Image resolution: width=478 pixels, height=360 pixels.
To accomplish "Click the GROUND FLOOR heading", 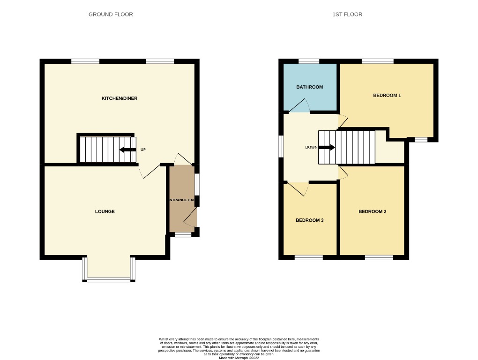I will [111, 15].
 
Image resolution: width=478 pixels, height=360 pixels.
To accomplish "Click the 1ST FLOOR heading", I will [347, 15].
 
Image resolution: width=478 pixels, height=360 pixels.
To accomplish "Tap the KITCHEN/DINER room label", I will [119, 98].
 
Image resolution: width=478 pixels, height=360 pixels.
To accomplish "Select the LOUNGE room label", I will [105, 211].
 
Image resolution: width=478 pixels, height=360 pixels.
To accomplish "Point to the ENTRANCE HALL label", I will [182, 200].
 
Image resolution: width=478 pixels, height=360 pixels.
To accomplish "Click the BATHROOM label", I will [309, 87].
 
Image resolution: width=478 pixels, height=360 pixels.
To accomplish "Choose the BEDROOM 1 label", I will [387, 96].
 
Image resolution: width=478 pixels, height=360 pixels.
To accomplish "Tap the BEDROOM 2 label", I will [372, 211].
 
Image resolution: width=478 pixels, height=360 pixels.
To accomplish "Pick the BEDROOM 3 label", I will [309, 220].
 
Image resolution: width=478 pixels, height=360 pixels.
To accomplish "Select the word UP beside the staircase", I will [143, 150].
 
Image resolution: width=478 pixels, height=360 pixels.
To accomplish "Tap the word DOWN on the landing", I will [311, 147].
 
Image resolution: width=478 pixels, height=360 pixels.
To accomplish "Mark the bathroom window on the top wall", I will [309, 61].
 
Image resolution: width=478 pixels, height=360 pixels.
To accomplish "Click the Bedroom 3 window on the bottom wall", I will [308, 257].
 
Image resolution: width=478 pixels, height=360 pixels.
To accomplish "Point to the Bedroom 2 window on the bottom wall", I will [379, 257].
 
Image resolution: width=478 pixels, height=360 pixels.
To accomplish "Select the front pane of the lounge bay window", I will [109, 280].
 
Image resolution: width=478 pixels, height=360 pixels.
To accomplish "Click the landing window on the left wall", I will [281, 147].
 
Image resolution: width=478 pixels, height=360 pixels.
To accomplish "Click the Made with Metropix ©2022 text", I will [239, 358].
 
